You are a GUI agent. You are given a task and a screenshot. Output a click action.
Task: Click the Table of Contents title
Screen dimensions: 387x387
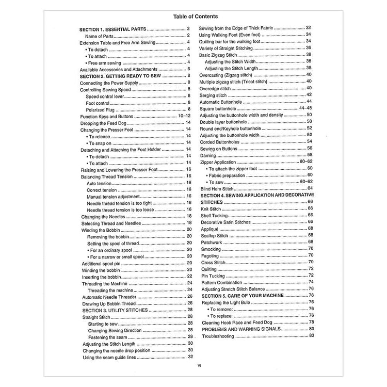click(195, 16)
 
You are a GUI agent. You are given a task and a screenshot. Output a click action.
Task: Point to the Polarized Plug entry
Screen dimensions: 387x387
click(100, 109)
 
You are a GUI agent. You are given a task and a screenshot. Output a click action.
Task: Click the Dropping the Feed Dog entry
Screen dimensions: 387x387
click(104, 123)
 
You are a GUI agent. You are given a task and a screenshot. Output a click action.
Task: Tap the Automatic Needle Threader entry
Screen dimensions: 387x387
click(109, 297)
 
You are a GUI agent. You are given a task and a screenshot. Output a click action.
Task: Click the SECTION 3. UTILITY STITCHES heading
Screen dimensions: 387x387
click(115, 310)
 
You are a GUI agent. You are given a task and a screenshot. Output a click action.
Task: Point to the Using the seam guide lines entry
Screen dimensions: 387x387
click(109, 357)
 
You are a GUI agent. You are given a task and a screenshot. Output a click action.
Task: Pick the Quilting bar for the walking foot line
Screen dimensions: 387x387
click(231, 41)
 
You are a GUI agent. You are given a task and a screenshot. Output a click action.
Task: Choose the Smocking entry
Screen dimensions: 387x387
click(211, 249)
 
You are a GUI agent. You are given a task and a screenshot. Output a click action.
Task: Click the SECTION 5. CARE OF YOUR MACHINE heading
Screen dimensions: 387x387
click(243, 296)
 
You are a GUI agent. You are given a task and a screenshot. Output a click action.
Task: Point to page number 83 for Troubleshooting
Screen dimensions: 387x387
click(312, 336)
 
